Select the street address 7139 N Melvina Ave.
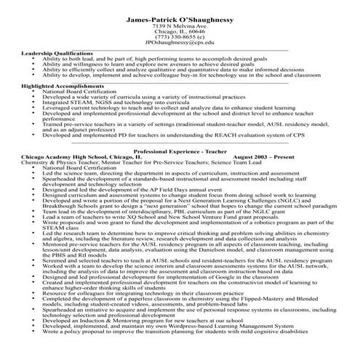(180, 25)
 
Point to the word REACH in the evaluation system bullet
(222, 135)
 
